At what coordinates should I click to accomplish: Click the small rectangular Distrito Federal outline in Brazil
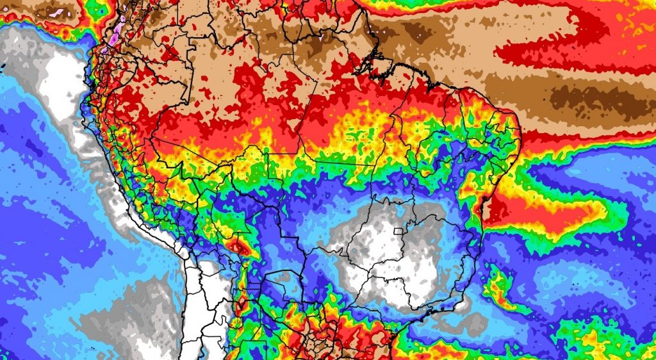(402, 231)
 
